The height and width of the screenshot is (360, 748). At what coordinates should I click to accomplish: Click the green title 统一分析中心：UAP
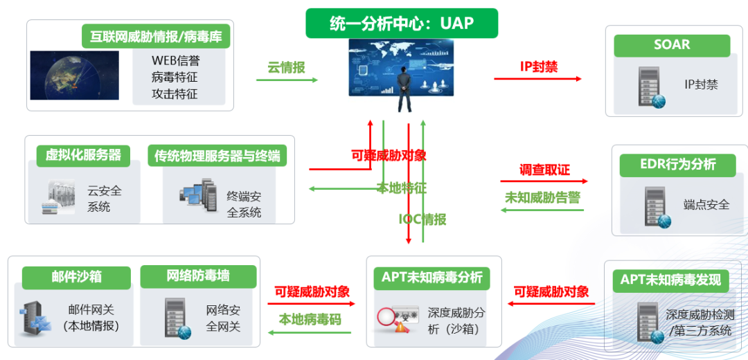pos(402,24)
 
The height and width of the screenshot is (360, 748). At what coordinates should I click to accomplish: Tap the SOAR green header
pos(671,46)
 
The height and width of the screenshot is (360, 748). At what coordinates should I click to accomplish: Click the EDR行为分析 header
pos(677,165)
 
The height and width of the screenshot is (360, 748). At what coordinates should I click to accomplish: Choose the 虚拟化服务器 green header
pos(83,155)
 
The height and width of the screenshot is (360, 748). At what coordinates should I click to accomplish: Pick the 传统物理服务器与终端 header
pos(217,155)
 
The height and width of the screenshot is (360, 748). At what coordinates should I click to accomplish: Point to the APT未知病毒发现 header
pos(670,280)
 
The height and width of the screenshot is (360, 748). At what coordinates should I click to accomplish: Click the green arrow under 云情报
pos(287,80)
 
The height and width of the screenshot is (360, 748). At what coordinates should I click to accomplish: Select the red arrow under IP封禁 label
pos(537,79)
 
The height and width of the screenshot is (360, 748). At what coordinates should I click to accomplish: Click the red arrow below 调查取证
pos(544,181)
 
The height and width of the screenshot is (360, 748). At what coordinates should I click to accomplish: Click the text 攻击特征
pos(175,93)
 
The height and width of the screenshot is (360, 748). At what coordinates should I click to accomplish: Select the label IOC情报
pos(422,219)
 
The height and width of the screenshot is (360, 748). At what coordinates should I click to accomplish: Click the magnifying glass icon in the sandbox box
pos(389,317)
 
